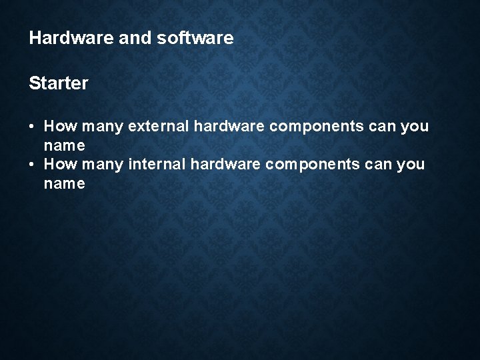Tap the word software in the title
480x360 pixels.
196,38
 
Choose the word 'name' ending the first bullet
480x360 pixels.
64,145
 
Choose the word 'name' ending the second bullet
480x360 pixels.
64,183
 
